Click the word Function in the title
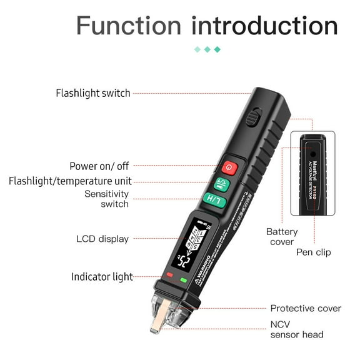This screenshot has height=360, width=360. [x=128, y=26]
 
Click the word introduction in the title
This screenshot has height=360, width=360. [x=264, y=26]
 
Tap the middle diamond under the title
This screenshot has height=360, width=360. [x=207, y=49]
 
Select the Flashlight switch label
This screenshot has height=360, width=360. [x=93, y=93]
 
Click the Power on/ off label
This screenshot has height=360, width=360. [x=99, y=166]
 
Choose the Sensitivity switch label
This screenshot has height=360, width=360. [x=106, y=199]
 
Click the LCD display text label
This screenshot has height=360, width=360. [x=102, y=239]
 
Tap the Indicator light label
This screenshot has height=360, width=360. [x=102, y=276]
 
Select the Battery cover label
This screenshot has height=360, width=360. [x=282, y=237]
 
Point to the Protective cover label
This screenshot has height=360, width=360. [x=306, y=308]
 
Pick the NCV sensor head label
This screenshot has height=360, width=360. [x=297, y=329]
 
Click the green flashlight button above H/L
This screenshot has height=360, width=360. [x=220, y=184]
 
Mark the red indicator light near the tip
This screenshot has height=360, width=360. [x=169, y=275]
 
